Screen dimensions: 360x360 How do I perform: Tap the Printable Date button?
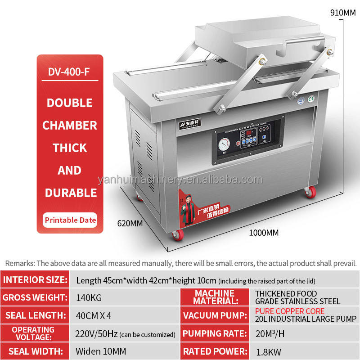coord(70,220)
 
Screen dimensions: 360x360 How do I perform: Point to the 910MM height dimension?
coord(343,13)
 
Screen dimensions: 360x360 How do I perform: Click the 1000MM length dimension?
coord(264,233)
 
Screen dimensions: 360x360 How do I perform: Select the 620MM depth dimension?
coord(130,222)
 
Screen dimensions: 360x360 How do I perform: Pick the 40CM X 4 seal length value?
coord(94,315)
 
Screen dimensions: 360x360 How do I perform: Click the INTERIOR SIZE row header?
coord(35,279)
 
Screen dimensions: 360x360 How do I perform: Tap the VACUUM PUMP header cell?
coord(214,315)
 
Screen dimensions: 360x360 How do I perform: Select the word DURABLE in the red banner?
coord(70,193)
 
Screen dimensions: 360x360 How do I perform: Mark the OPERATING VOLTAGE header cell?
coord(33,333)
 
